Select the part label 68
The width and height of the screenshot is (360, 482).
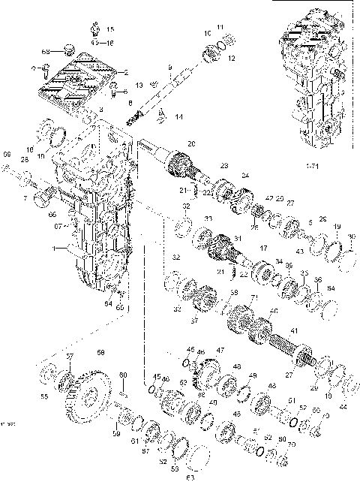(46, 51)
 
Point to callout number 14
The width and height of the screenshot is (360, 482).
(178, 118)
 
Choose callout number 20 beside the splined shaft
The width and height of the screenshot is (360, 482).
(191, 143)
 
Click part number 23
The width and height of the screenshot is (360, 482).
(223, 164)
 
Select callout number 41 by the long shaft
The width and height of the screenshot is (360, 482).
(293, 331)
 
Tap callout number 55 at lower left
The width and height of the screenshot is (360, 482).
(43, 396)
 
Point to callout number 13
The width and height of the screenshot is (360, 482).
(139, 85)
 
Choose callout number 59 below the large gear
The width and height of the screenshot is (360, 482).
(116, 433)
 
